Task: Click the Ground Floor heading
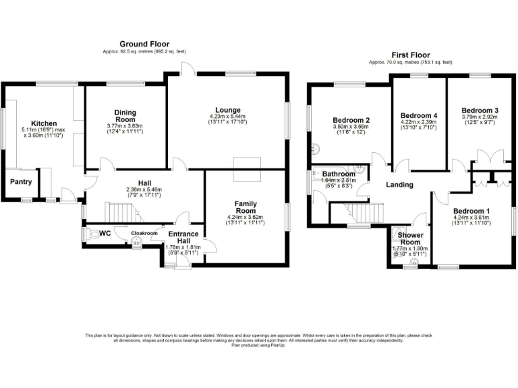(x=144, y=43)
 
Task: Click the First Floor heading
(x=411, y=55)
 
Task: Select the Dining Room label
(x=125, y=116)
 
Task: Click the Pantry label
(x=20, y=182)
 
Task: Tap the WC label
(x=105, y=233)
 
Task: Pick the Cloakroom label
(x=144, y=233)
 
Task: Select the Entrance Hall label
(x=183, y=238)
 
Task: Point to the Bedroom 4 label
(x=419, y=115)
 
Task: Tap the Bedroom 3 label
(x=480, y=110)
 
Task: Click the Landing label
(x=399, y=185)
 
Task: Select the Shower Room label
(x=411, y=238)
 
